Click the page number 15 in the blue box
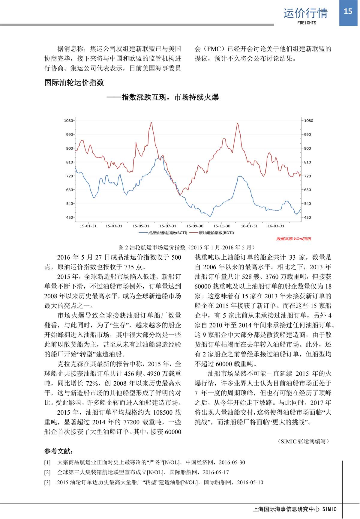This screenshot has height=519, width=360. [x=348, y=11]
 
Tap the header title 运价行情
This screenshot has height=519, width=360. [x=305, y=13]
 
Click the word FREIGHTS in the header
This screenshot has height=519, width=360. [x=307, y=23]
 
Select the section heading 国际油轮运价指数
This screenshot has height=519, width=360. [x=74, y=82]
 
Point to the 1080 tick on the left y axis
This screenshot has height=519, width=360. [x=69, y=121]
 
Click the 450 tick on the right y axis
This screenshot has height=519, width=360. [x=308, y=217]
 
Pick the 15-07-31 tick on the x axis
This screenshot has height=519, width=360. [x=168, y=226]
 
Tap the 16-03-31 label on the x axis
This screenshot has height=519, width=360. [x=276, y=226]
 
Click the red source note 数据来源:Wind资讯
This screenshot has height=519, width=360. [x=293, y=239]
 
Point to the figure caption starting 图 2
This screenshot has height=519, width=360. [x=186, y=247]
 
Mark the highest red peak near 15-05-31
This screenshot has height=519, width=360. [x=151, y=123]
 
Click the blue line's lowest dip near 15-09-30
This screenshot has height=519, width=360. [x=210, y=216]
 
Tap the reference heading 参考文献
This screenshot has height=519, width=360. [x=58, y=451]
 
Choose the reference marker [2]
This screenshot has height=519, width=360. [x=47, y=473]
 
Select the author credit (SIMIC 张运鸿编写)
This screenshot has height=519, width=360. [x=304, y=441]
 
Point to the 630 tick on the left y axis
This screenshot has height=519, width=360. [x=70, y=190]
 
